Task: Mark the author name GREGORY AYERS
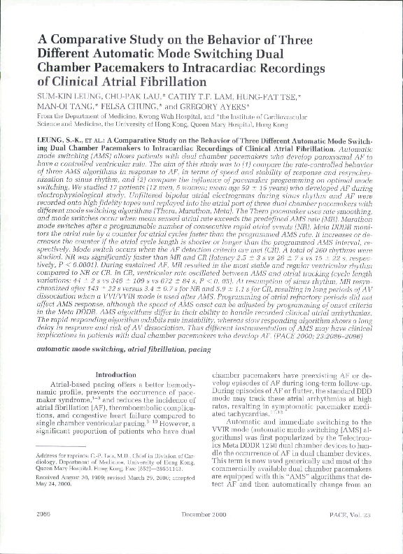pos(207,106)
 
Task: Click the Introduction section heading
pos(115,375)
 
